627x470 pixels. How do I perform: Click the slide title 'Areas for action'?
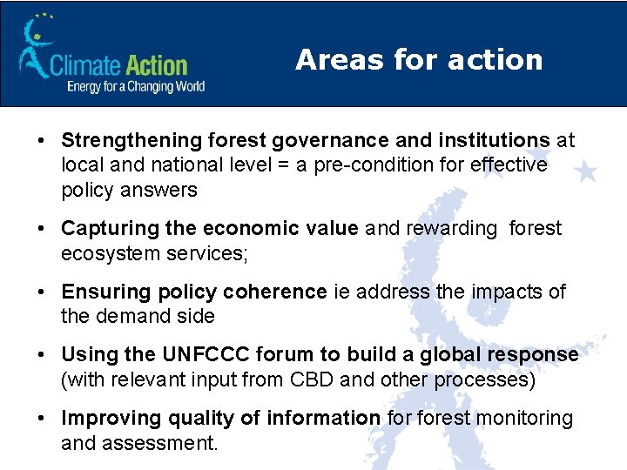point(419,59)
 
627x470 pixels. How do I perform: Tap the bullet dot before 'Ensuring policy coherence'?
point(42,292)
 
